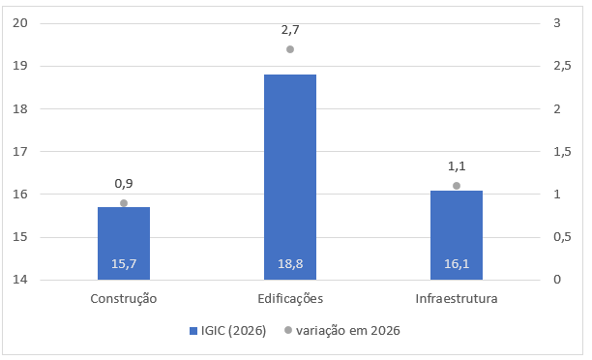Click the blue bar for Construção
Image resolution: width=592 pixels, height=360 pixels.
coord(124,243)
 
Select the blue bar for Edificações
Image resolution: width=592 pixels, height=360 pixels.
coord(290,177)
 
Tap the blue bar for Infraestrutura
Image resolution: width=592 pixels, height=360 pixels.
coord(457,235)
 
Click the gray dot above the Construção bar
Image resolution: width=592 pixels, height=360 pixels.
coord(124,203)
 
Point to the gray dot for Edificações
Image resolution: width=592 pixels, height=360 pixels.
coord(290,49)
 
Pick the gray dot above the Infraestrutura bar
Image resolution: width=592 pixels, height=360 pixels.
coord(457,186)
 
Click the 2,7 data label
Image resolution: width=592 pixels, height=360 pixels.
coord(290,30)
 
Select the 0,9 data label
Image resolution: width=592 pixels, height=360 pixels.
coord(124,184)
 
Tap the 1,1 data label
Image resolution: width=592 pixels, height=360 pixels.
coord(457,166)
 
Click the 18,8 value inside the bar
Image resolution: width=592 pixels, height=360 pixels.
coord(290,263)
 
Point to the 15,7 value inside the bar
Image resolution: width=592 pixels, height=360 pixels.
coord(124,263)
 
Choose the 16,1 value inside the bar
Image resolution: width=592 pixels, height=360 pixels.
coord(457,263)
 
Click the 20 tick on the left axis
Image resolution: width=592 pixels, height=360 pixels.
coord(20,23)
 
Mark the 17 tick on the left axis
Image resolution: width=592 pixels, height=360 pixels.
coord(20,152)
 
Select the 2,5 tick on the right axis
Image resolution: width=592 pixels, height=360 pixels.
coord(562,66)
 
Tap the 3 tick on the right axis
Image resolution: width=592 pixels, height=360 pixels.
coord(557,23)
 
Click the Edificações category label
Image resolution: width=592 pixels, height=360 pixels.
coord(290,299)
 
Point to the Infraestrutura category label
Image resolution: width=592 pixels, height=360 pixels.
coord(457,299)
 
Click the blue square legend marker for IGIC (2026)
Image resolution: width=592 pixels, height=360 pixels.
coord(192,331)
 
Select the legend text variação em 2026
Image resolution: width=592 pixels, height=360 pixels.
coord(347,331)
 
